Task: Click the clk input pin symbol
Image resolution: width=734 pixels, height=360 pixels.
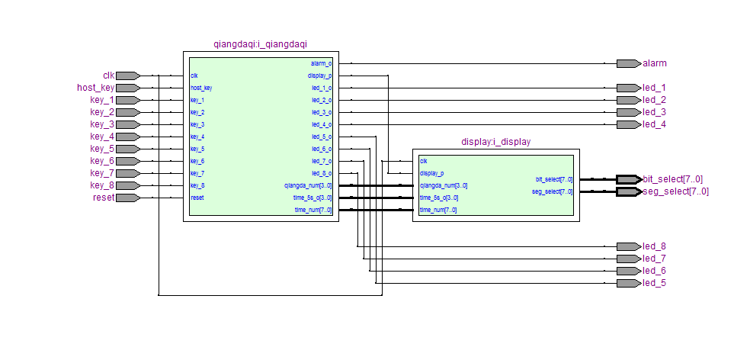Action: (x=127, y=76)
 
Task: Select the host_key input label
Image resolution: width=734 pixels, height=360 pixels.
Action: (x=95, y=88)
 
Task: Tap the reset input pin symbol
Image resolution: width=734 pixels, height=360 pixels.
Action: (x=127, y=198)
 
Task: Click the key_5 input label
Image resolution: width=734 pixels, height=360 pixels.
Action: (x=102, y=149)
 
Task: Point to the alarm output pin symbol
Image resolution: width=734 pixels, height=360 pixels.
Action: (x=628, y=63)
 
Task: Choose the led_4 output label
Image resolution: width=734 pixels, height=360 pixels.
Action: (x=654, y=124)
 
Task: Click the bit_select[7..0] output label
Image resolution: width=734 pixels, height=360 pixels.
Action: (x=672, y=179)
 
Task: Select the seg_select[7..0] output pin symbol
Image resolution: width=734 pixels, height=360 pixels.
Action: (x=628, y=191)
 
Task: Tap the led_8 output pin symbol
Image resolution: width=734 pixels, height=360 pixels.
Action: (x=628, y=246)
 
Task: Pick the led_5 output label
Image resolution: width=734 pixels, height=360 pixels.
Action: (x=654, y=283)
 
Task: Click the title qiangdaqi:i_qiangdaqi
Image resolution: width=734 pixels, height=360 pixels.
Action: (x=261, y=45)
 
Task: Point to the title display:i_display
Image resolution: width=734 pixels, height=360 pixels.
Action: (x=495, y=142)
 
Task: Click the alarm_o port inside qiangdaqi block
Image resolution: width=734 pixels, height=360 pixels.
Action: (x=321, y=63)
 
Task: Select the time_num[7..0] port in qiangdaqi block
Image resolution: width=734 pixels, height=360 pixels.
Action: (x=313, y=210)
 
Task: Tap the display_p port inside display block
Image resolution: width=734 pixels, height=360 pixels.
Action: (x=432, y=173)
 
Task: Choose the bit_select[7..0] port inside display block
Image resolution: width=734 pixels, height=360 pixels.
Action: (x=554, y=179)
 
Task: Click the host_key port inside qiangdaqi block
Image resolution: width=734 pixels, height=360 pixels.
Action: (x=201, y=88)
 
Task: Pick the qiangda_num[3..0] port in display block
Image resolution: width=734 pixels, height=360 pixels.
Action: (x=444, y=185)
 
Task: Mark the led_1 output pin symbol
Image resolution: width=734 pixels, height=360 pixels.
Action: (x=628, y=88)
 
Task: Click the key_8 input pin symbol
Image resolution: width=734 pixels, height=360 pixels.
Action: (x=127, y=185)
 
